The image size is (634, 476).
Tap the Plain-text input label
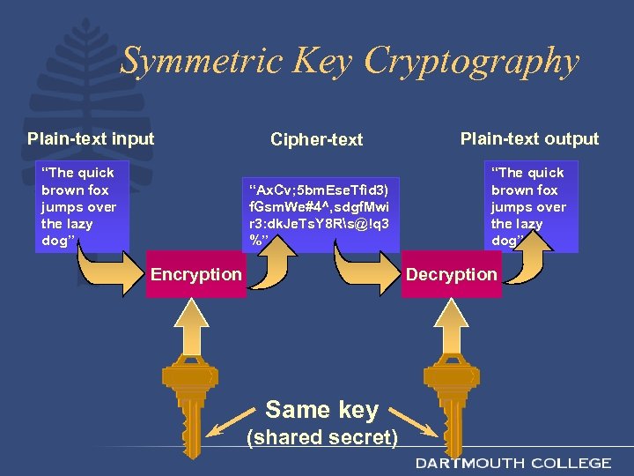point(91,138)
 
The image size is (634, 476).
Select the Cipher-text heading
point(316,139)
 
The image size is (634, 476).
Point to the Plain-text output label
point(529,138)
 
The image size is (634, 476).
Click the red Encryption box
point(195,274)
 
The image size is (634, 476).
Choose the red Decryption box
point(451,274)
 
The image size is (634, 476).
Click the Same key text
point(321,410)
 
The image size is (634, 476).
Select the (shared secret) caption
point(321,437)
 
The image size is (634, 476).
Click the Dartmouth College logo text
point(513,463)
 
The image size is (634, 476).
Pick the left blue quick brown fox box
point(81,205)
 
